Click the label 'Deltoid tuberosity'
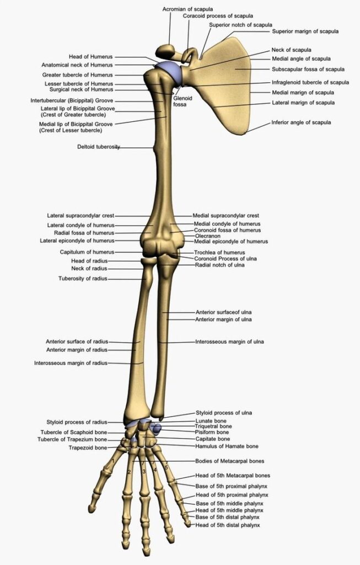pos(99,147)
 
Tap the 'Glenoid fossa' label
pos(182,102)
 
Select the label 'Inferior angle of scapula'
pos(301,122)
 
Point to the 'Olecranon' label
pos(208,236)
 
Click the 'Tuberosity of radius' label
pos(83,279)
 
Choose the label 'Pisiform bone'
pos(212,432)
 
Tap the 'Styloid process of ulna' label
pos(224,413)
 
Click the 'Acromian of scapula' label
pos(187,9)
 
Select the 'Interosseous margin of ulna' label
pos(229,342)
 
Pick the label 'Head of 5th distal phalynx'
pos(228,525)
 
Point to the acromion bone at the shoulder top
pos(166,50)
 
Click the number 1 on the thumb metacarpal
pos(113,461)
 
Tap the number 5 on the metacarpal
pos(166,468)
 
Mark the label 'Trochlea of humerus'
pos(219,253)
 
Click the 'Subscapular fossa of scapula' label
pos(308,69)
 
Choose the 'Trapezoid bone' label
pos(88,448)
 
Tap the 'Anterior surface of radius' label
pos(77,342)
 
